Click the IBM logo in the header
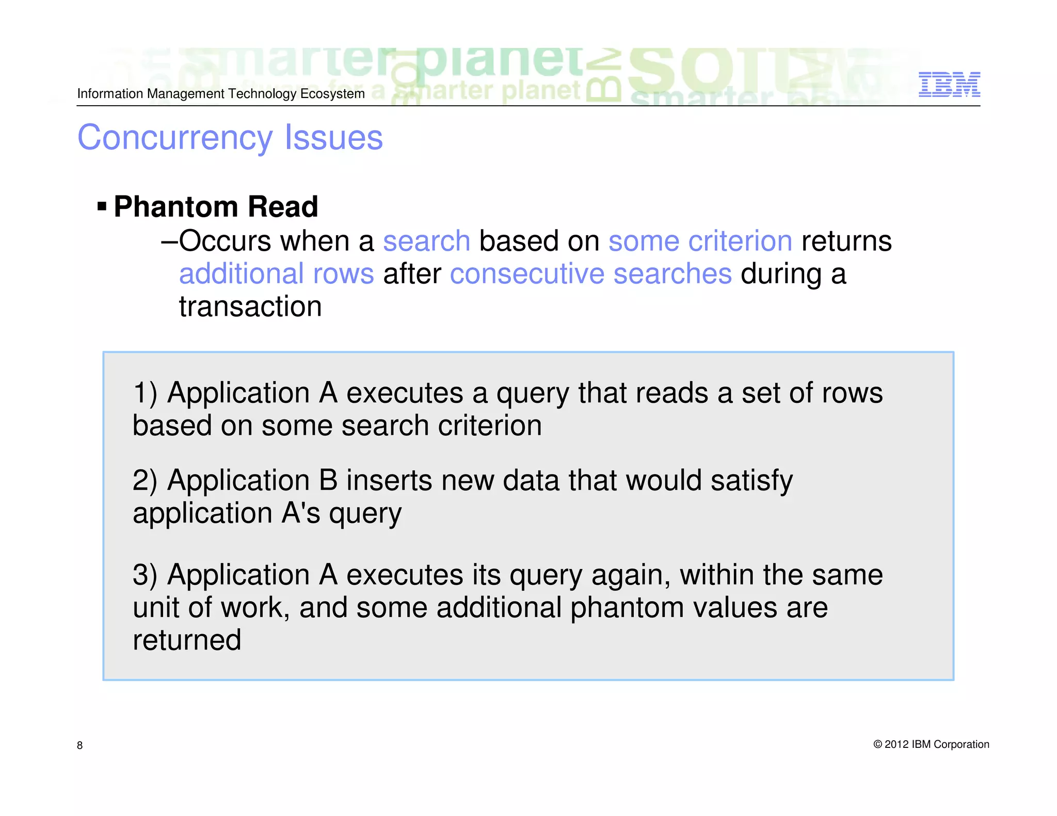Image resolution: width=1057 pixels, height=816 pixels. tap(949, 85)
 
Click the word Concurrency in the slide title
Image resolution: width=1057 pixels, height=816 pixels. tap(174, 138)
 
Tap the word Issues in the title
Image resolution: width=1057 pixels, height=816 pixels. tap(333, 138)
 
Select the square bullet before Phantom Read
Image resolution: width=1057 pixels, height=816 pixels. tap(102, 207)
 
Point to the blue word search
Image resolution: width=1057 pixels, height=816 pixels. tap(426, 241)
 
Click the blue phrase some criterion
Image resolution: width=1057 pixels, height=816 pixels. tap(700, 241)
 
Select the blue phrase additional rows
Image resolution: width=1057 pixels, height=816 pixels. tap(276, 273)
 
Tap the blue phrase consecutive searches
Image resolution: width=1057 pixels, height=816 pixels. tap(590, 273)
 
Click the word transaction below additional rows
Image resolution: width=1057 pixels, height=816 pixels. tap(250, 306)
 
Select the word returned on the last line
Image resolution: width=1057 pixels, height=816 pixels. tap(187, 640)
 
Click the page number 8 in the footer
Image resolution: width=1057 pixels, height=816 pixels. tap(79, 745)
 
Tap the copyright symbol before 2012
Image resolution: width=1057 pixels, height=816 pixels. tap(877, 744)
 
